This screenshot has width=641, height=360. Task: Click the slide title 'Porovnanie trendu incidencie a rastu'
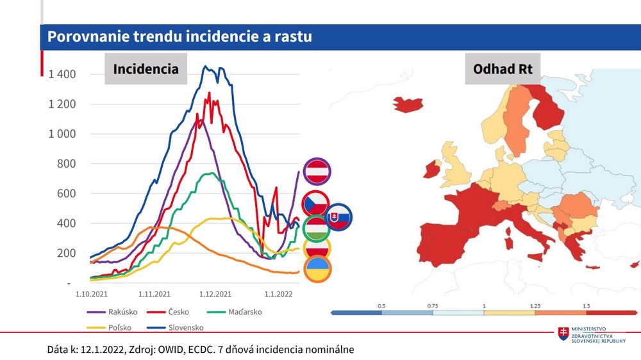point(180,37)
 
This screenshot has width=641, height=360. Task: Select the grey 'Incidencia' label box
point(146,69)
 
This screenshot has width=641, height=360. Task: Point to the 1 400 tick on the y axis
point(62,74)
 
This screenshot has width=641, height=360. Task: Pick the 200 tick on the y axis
point(66,254)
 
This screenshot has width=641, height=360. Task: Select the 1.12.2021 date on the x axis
point(215,295)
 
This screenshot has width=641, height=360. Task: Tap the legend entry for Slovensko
point(185,327)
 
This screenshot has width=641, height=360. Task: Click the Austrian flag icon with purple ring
point(317,171)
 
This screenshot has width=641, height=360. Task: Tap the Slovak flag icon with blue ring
point(338,218)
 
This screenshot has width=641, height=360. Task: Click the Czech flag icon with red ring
point(315,204)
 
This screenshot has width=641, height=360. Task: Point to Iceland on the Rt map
point(408,104)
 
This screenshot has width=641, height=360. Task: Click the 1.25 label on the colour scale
point(535,306)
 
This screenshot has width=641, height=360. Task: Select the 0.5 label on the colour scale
point(381,306)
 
